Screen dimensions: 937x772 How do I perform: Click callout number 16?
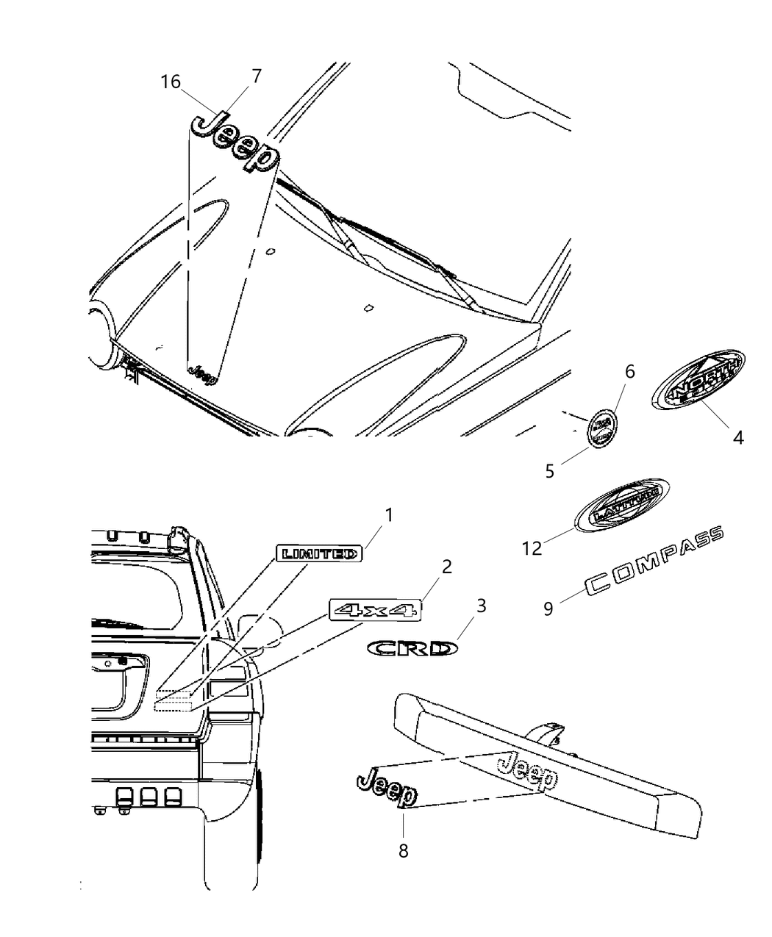click(171, 82)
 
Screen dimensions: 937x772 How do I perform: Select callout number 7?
click(256, 76)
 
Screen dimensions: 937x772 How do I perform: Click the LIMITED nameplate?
click(319, 553)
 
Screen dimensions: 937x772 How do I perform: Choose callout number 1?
click(389, 515)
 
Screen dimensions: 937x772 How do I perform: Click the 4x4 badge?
click(375, 609)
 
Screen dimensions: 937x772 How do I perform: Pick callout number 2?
click(446, 567)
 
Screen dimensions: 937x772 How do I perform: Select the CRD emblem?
click(412, 648)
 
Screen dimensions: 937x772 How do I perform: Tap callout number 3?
click(481, 606)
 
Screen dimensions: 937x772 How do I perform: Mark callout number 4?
click(737, 438)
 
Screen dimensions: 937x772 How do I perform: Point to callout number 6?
click(629, 372)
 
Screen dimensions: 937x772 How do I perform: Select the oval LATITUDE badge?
click(621, 506)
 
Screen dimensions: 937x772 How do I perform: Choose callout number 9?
click(548, 609)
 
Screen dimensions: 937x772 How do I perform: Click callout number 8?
click(403, 850)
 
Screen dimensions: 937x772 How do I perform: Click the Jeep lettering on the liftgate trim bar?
click(527, 769)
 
